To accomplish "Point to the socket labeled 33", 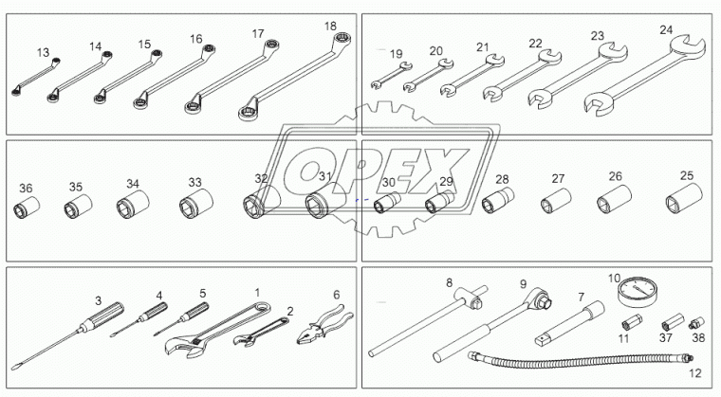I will tap(195, 204).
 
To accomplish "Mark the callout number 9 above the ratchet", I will tap(522, 284).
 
